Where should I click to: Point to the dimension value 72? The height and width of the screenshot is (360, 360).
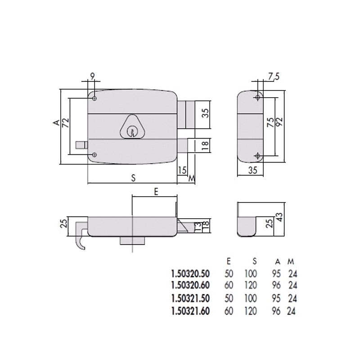[66, 122]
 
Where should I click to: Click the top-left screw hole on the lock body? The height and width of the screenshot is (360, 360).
[94, 98]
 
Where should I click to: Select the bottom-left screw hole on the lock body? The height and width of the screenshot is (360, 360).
[94, 155]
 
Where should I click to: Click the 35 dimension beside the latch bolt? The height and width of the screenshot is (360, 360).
[205, 112]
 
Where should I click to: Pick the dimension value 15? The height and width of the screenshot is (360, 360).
[182, 170]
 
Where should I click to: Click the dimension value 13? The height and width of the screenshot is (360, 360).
[197, 226]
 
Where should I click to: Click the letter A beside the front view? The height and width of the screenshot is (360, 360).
[56, 122]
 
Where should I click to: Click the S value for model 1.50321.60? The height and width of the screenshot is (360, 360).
[251, 310]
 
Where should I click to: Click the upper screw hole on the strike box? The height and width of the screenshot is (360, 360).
[258, 98]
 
